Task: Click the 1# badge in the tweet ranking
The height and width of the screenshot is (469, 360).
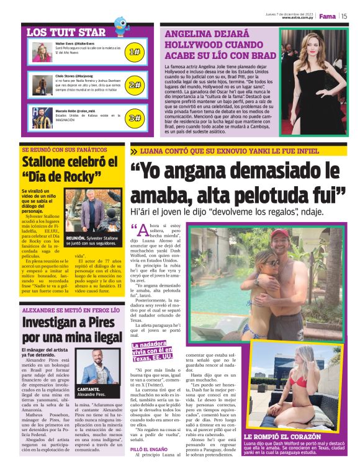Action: (x=135, y=53)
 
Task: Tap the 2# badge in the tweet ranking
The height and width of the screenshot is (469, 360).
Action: (x=135, y=85)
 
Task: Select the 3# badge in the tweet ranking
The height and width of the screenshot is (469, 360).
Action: (x=135, y=117)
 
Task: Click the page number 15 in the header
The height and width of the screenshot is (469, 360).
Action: (x=343, y=16)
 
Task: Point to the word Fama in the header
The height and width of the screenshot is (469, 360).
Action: (x=328, y=16)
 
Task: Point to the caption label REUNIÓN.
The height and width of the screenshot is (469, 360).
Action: (x=76, y=238)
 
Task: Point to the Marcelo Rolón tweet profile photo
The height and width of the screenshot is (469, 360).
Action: (x=41, y=117)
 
